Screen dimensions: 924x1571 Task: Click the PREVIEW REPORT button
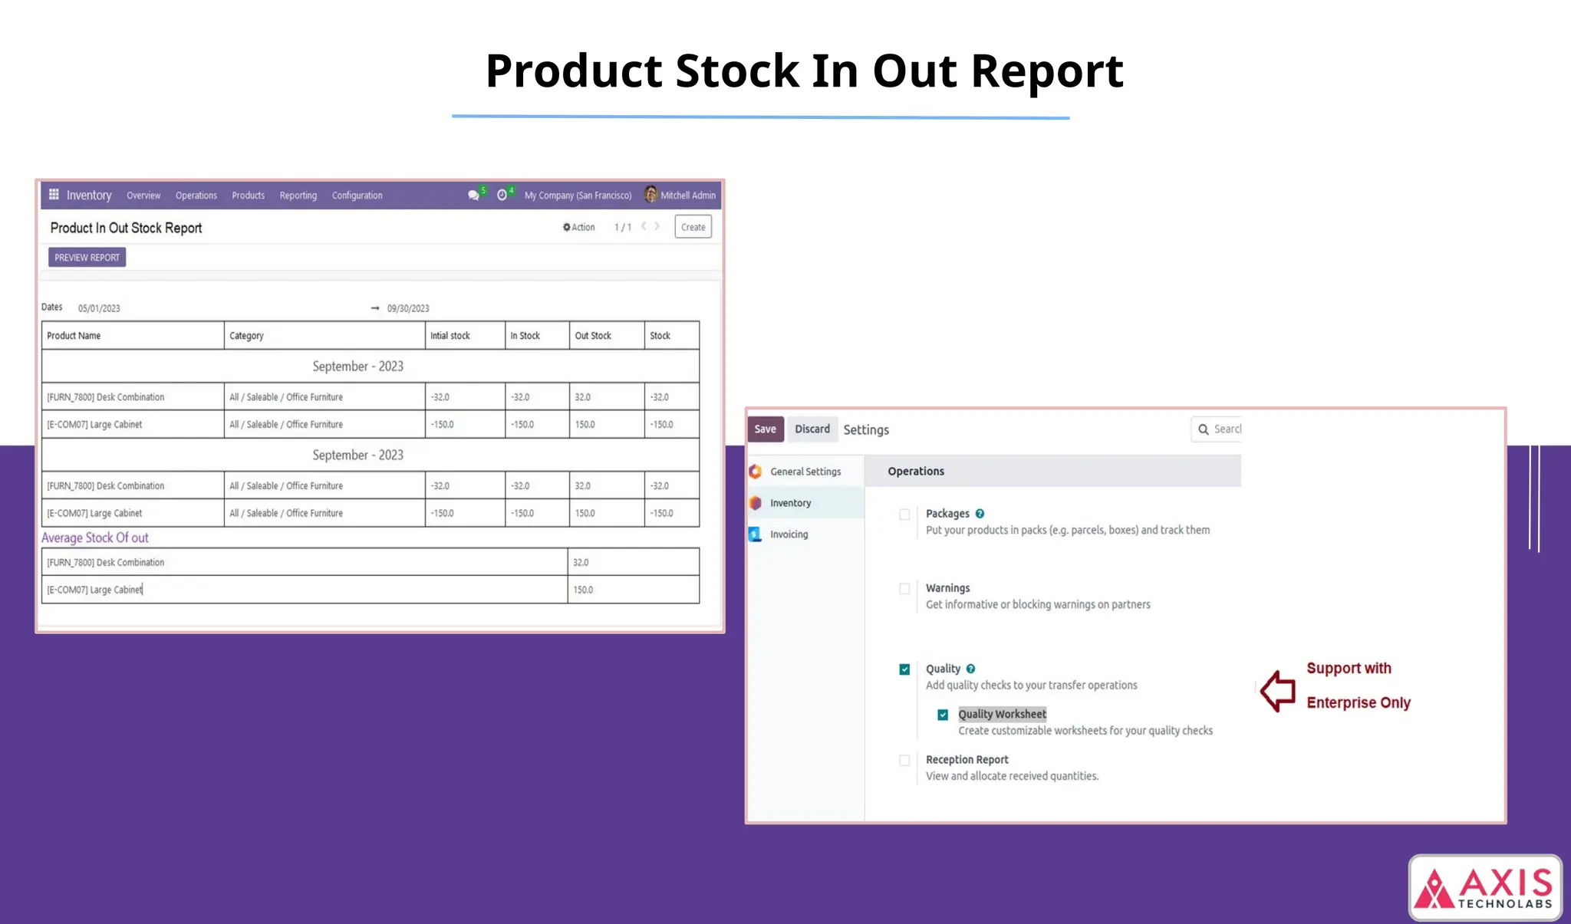[87, 258]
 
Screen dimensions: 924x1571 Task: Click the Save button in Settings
[765, 429]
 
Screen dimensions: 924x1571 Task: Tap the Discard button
[812, 429]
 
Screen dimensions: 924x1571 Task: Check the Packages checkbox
[904, 515]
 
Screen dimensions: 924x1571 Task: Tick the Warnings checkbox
[904, 589]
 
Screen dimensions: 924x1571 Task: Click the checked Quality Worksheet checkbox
[943, 715]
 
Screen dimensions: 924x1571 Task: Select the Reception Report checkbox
[904, 761]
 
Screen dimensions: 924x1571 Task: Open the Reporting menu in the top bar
[298, 196]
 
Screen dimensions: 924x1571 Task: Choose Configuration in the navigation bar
[357, 196]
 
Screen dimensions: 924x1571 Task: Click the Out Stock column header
[593, 336]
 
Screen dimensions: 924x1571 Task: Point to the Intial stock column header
[450, 336]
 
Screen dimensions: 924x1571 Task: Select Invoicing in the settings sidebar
[789, 534]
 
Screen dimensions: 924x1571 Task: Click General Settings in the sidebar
[805, 472]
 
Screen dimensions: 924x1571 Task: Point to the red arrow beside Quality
[1278, 691]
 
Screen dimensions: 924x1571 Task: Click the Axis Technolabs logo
[1485, 888]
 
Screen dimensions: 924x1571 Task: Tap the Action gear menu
[579, 228]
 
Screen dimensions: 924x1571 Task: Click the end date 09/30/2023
[408, 308]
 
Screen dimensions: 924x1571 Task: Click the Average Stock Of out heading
[95, 538]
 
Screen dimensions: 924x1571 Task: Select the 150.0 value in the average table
[583, 590]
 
